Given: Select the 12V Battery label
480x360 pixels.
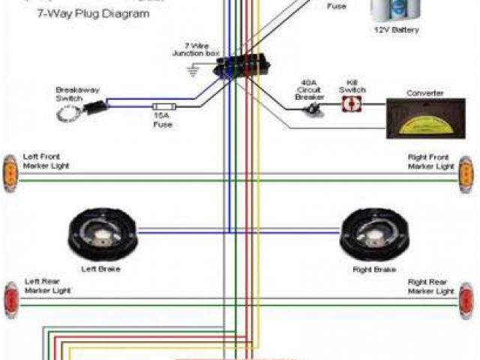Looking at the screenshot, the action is [396, 30].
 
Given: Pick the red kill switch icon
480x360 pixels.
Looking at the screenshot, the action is [349, 106].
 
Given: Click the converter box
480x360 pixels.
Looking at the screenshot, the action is [425, 118].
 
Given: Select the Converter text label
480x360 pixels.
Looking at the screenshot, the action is [425, 93].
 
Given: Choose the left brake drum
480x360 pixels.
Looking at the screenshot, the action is [100, 232].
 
